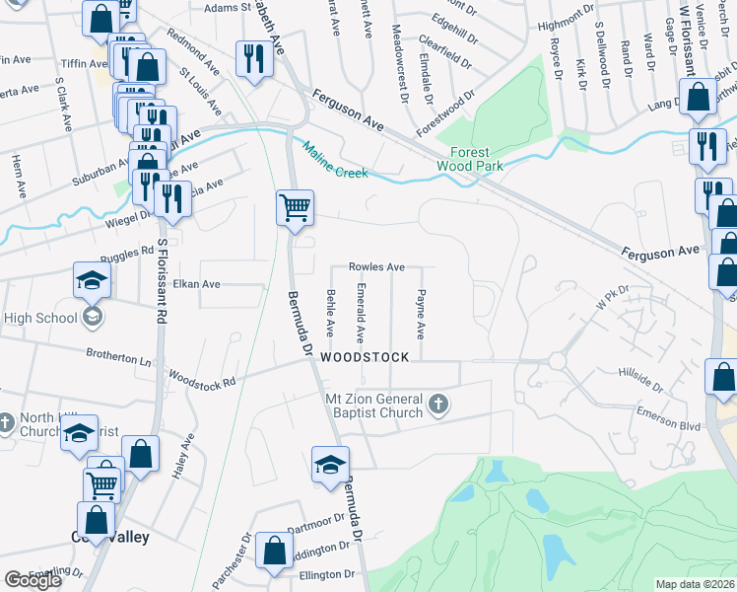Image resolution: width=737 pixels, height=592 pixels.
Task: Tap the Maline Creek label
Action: [335, 161]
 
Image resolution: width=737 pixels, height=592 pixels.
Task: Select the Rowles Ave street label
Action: [376, 267]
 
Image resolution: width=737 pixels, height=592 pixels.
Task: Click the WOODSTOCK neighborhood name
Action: [364, 357]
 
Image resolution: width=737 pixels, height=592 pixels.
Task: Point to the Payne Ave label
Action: [421, 315]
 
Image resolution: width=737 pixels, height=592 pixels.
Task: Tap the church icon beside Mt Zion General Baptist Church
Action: [439, 405]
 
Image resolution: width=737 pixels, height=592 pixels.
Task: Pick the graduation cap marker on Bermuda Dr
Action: [330, 466]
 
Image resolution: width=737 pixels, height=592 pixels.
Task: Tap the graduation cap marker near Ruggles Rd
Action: [92, 280]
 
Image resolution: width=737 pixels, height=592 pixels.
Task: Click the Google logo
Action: [33, 580]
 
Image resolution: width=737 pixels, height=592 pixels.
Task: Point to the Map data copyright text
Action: [696, 584]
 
